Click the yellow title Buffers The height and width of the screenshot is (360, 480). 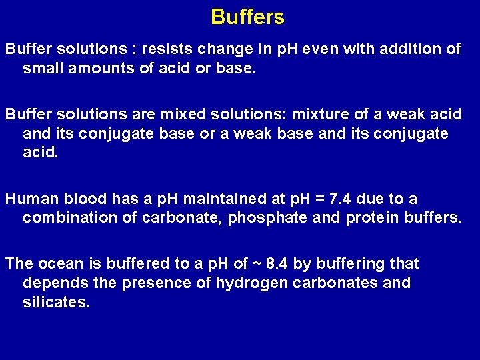247,17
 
